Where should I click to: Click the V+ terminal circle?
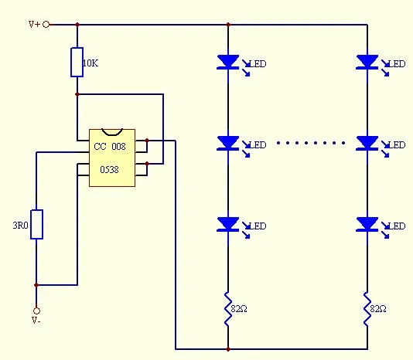tap(46, 25)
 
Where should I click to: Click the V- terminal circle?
tap(36, 311)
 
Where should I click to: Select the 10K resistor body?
tap(77, 62)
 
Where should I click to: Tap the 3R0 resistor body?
tap(36, 224)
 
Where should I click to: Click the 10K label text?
tap(90, 63)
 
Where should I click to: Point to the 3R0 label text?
tap(20, 226)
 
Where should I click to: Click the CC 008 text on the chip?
tap(110, 146)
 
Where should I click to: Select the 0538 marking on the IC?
tap(109, 170)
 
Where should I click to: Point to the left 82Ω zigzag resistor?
tap(228, 309)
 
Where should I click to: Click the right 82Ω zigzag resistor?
tap(367, 309)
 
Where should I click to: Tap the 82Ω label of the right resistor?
tap(378, 309)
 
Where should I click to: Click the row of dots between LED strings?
tap(311, 143)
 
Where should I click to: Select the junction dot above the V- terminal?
tap(36, 285)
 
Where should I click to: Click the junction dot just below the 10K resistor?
tap(77, 94)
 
